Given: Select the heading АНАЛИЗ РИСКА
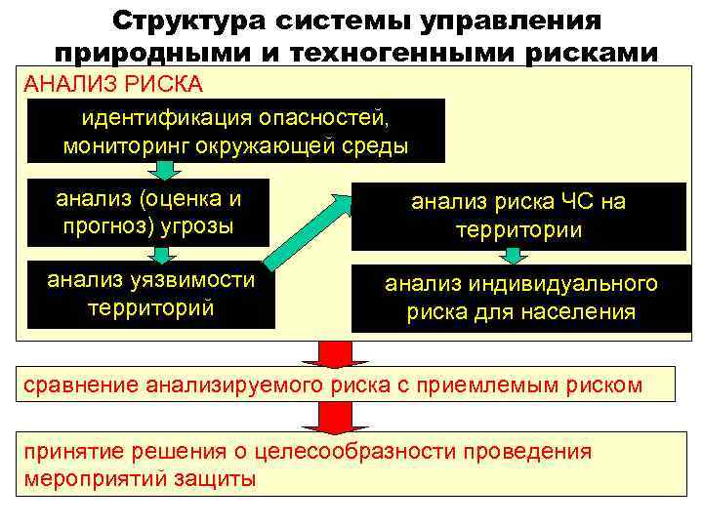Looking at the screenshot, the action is (113, 83).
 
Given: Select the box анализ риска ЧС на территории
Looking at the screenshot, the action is (518, 216).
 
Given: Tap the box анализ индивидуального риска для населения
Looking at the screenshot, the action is (518, 298).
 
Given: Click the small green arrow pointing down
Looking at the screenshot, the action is (166, 171).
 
